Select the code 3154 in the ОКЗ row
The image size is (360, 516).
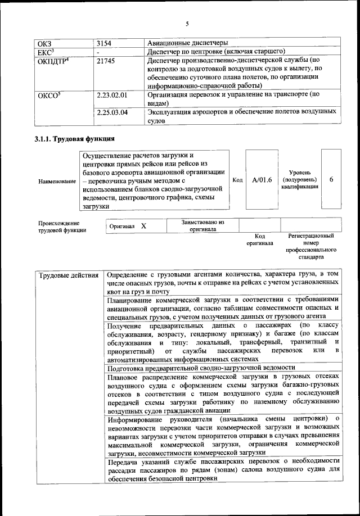click(x=104, y=43)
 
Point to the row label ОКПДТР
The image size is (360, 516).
click(x=53, y=61)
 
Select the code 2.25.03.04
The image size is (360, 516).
click(x=112, y=112)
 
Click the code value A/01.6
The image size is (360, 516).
click(x=262, y=179)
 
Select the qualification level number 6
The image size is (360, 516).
click(x=331, y=179)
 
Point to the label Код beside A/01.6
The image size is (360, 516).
click(x=237, y=179)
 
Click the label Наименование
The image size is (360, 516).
click(x=56, y=182)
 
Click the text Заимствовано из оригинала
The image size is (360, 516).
click(x=203, y=225)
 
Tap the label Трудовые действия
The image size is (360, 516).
click(x=69, y=275)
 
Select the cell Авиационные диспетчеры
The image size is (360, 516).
click(x=179, y=43)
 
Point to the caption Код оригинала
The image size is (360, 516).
click(x=260, y=240)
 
